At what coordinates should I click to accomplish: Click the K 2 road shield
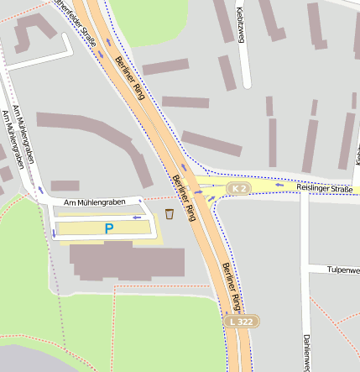point(240,188)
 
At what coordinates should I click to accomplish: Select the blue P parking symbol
point(108,228)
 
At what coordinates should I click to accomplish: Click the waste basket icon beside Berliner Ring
point(170,213)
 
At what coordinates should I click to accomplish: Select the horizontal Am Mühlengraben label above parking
point(101,202)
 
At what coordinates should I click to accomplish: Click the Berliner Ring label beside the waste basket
point(183,197)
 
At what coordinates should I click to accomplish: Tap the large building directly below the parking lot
point(127,262)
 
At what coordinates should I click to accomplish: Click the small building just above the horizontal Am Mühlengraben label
point(65,186)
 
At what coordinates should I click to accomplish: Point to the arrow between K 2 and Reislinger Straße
point(279,184)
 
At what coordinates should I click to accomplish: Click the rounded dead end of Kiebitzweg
point(247,84)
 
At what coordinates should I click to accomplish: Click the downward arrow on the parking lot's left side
point(55,233)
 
